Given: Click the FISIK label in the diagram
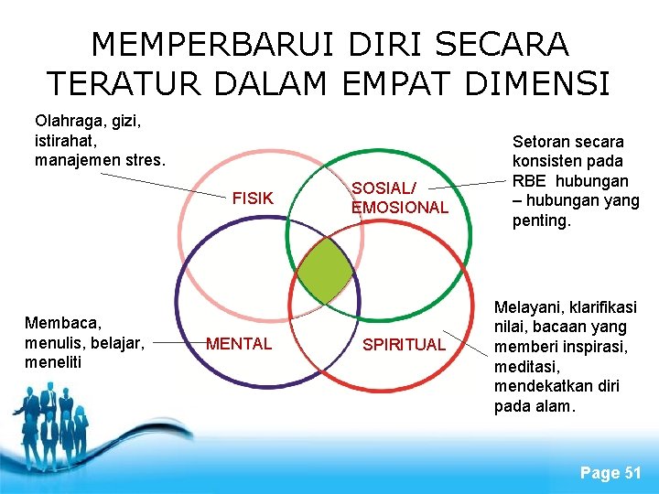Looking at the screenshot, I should click(x=253, y=198).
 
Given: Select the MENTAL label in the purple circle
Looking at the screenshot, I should click(x=239, y=344).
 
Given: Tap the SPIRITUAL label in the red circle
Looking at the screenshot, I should click(x=404, y=345).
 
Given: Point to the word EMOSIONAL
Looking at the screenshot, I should click(x=400, y=208).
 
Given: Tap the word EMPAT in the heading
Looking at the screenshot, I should click(x=399, y=84).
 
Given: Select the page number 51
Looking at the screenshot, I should click(x=632, y=472).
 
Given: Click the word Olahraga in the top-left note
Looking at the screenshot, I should click(x=69, y=121).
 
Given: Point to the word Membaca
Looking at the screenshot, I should click(x=63, y=323).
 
